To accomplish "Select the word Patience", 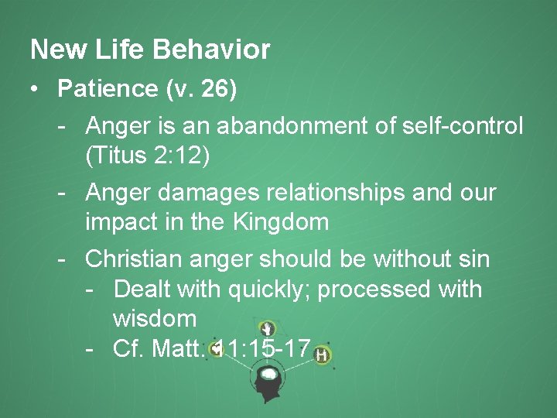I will point(108,89).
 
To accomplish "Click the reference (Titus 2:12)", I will point(148,156).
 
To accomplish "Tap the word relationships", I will point(354,192).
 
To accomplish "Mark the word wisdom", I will point(155,318).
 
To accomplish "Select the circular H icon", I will point(321,355).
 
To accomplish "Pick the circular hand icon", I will point(268,327).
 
